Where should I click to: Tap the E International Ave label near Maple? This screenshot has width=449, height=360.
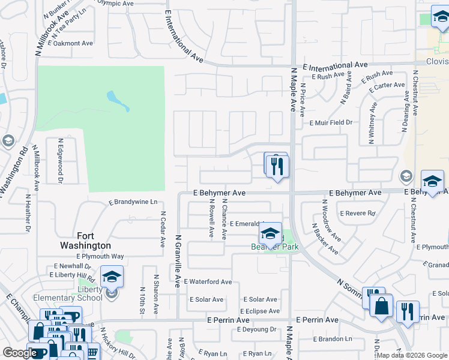coord(335,65)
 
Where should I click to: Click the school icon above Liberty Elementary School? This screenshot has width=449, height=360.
coord(112,277)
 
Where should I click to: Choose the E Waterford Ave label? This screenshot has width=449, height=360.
coord(208,281)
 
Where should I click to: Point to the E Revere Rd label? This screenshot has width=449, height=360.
coord(357,213)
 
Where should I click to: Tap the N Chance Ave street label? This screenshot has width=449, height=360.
coord(224,219)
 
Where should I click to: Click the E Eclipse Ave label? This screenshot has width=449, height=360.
coord(259,311)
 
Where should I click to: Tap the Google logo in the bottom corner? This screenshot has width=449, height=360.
coord(20,353)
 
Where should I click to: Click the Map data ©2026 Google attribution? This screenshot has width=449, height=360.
coord(412,355)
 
